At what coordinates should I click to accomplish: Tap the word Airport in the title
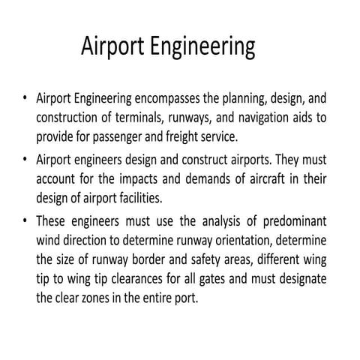pyautogui.click(x=114, y=49)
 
